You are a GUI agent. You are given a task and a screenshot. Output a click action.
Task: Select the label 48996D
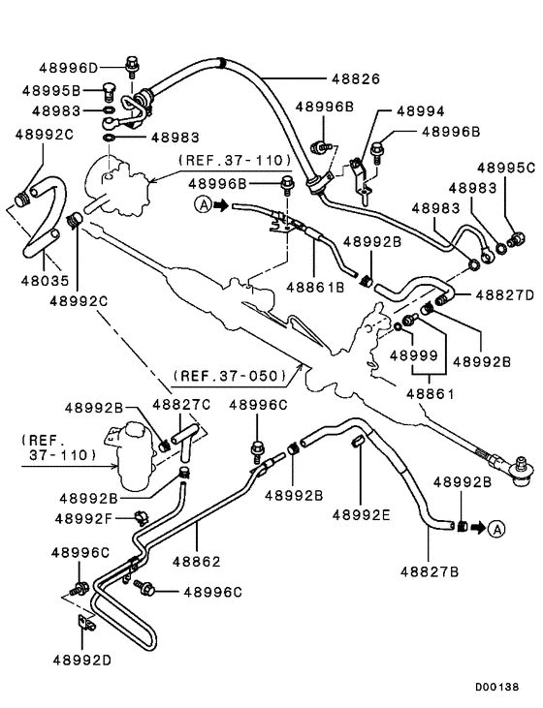[x=69, y=69]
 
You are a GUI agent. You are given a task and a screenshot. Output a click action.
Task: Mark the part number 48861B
[x=315, y=288]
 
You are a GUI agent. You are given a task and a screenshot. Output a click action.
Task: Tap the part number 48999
[x=415, y=355]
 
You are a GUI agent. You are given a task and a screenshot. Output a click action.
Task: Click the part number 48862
[x=197, y=561]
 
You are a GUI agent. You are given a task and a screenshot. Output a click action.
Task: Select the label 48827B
[x=428, y=572]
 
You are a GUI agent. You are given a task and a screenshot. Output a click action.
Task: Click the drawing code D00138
[x=498, y=686]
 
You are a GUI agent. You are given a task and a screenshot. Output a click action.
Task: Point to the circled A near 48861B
[x=203, y=204]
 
